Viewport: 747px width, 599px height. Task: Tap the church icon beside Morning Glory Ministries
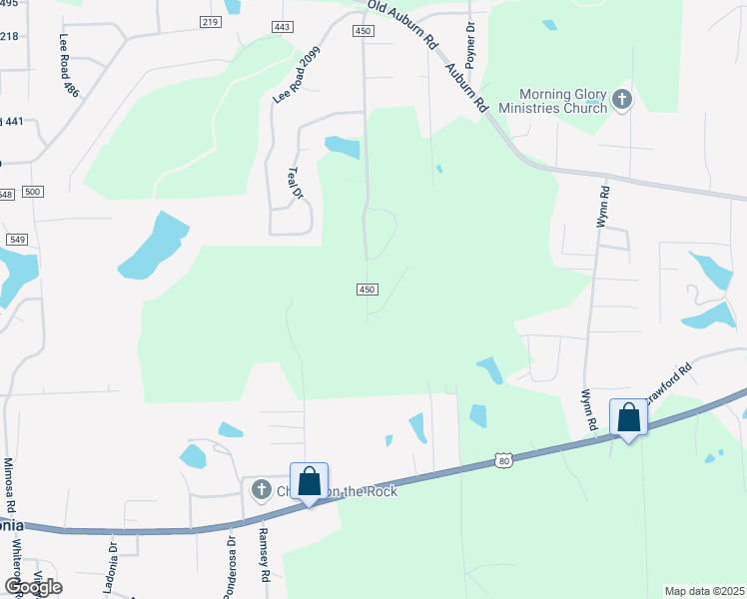pos(622,99)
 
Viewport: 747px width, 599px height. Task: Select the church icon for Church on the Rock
pos(261,489)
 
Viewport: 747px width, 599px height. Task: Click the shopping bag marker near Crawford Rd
pos(629,416)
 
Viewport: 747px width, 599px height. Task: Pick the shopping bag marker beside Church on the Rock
pos(310,481)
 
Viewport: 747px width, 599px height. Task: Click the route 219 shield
pos(210,21)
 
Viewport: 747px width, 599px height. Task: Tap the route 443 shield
pos(281,27)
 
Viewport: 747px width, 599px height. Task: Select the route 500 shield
pos(32,191)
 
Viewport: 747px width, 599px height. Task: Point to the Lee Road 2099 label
pos(298,77)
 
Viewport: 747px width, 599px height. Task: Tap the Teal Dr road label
pos(295,184)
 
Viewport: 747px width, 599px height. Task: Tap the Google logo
pos(32,586)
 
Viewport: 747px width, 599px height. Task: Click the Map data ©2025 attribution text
pos(703,591)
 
